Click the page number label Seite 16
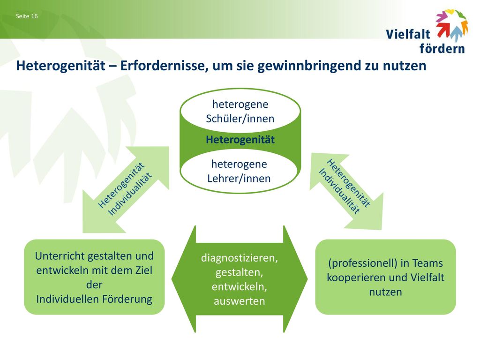27,16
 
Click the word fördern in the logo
442,48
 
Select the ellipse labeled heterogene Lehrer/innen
239,171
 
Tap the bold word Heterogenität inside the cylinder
240,140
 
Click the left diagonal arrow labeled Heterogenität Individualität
126,189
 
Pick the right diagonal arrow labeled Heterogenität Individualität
346,191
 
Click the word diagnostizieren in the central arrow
240,258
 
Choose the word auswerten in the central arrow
240,301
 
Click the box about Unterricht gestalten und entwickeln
94,277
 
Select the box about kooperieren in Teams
385,277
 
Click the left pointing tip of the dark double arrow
172,279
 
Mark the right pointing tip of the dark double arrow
307,279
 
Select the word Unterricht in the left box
60,256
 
